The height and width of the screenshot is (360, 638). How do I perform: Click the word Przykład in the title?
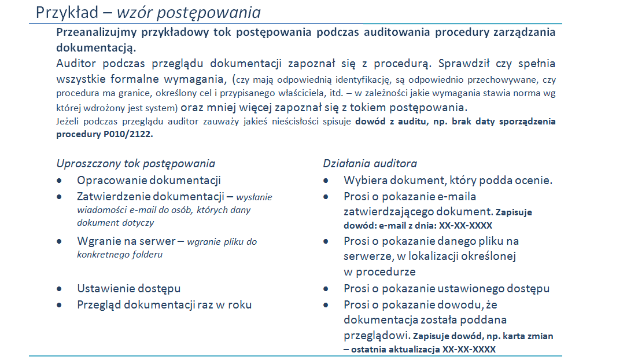[x=67, y=13]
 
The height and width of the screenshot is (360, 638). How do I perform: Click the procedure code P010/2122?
[x=128, y=134]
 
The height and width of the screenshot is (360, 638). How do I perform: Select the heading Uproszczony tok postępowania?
[x=135, y=164]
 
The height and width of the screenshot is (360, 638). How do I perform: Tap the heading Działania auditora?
[x=370, y=164]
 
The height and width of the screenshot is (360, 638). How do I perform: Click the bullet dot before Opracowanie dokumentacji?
[x=60, y=181]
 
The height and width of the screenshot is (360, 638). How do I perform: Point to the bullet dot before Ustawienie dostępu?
[x=60, y=289]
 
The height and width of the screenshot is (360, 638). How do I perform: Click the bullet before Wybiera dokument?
[x=326, y=181]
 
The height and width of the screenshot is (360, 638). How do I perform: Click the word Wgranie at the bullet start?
[x=96, y=241]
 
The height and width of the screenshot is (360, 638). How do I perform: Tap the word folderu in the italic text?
[x=147, y=255]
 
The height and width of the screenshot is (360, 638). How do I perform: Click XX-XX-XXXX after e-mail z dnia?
[x=466, y=226]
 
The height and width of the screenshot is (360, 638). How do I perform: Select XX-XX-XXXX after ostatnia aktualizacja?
[x=469, y=350]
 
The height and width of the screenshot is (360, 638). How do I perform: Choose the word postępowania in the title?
[x=209, y=13]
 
